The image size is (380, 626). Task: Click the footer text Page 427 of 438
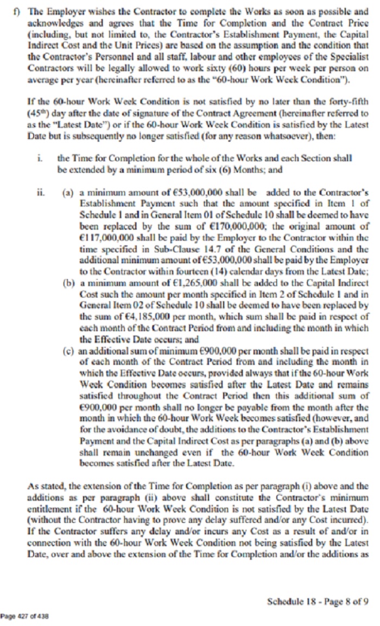[25, 616]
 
